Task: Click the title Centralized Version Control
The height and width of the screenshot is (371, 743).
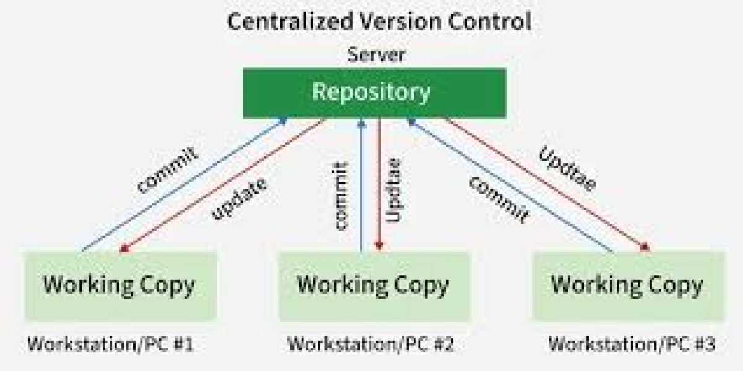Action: coord(379,22)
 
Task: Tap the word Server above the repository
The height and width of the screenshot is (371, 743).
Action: coord(376,54)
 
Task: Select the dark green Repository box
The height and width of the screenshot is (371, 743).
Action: coord(374,93)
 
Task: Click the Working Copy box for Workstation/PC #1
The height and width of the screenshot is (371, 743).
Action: coord(119,286)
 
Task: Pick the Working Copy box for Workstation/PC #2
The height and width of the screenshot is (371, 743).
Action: coord(373,286)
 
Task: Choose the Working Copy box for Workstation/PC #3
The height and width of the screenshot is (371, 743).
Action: coord(627,286)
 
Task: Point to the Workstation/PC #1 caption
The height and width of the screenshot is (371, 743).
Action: coord(110,344)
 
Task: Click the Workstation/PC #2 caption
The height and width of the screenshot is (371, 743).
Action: coord(370,344)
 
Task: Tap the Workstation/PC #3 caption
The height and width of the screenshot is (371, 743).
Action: coord(632,344)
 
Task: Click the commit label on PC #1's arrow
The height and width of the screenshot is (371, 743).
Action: coord(168,169)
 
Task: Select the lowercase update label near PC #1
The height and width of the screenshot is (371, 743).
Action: coord(240,199)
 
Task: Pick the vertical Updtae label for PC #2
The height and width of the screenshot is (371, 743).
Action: coord(394,190)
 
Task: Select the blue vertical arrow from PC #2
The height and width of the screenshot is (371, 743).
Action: coord(362,185)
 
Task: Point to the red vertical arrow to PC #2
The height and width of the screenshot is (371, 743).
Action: coord(379,185)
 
